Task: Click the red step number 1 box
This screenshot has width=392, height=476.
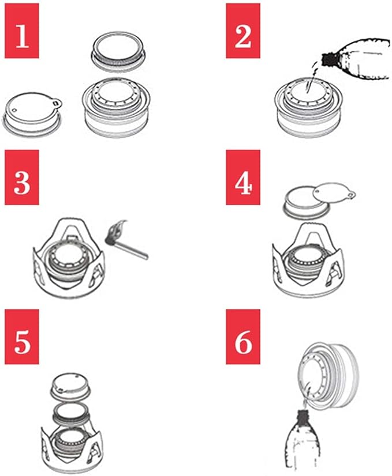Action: (x=21, y=31)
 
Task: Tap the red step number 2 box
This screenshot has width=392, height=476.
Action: (x=242, y=31)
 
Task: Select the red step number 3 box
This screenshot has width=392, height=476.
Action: (x=21, y=177)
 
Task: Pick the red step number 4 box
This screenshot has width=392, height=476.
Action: (x=242, y=177)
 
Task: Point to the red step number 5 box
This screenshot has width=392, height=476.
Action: (x=21, y=337)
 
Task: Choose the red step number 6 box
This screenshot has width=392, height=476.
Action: (x=242, y=337)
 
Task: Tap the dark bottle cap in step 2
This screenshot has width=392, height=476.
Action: (x=328, y=59)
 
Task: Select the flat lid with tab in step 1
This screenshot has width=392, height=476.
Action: (x=32, y=114)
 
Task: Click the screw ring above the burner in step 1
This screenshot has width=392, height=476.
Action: (x=118, y=54)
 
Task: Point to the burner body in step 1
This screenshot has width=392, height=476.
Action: (x=116, y=108)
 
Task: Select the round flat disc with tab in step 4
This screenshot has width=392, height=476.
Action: (x=333, y=196)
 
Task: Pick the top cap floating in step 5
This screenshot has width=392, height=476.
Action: (x=71, y=387)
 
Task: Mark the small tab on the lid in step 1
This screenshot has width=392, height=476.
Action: (x=57, y=103)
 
